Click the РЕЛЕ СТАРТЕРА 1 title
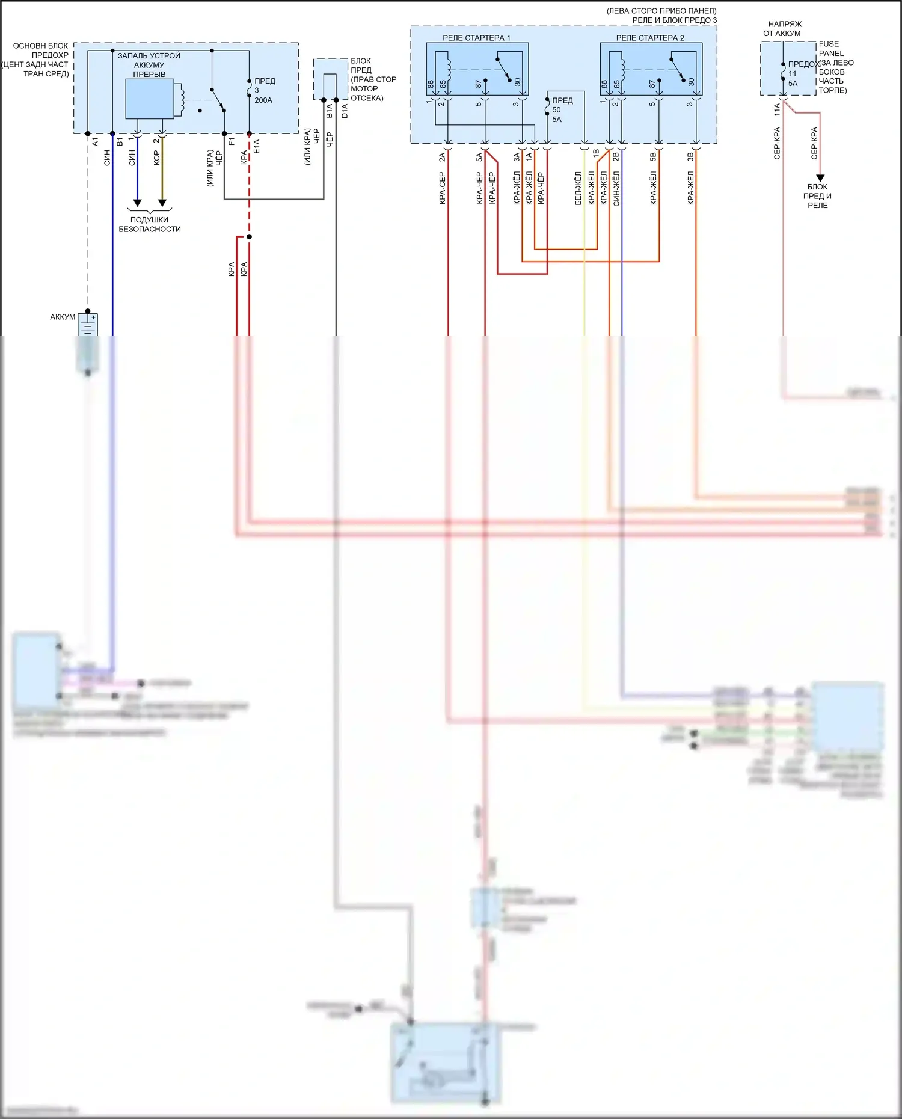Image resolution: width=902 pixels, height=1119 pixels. [x=476, y=38]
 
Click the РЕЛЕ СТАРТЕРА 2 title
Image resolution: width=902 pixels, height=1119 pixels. [x=649, y=38]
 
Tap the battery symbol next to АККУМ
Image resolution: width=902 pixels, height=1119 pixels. [x=88, y=325]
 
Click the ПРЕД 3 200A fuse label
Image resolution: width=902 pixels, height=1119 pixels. [x=264, y=90]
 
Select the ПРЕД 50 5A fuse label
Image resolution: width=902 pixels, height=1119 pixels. [x=562, y=110]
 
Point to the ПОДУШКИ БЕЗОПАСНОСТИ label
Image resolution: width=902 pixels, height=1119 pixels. [x=149, y=224]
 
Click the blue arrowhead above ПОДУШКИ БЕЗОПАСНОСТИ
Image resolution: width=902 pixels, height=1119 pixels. [x=137, y=203]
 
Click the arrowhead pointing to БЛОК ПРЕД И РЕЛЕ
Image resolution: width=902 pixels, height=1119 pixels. [x=820, y=178]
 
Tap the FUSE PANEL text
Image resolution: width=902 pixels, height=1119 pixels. [x=830, y=49]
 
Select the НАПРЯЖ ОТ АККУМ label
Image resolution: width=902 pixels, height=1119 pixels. [x=784, y=29]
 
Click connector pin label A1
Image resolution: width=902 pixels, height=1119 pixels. [x=95, y=142]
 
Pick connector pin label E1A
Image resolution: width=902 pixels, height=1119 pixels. [x=256, y=146]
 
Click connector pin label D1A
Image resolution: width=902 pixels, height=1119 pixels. [x=345, y=111]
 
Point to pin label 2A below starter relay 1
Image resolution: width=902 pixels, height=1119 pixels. [x=442, y=157]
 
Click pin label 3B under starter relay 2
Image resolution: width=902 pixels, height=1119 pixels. [x=690, y=157]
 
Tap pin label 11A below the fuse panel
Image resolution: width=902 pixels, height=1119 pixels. [x=777, y=109]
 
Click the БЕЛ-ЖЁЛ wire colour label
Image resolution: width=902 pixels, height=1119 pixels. [x=578, y=188]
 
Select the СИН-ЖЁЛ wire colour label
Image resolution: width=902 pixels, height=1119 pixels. [x=616, y=188]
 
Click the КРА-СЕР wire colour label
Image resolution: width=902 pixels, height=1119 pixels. [x=442, y=188]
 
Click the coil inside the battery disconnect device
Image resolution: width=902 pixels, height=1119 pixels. [x=179, y=99]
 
